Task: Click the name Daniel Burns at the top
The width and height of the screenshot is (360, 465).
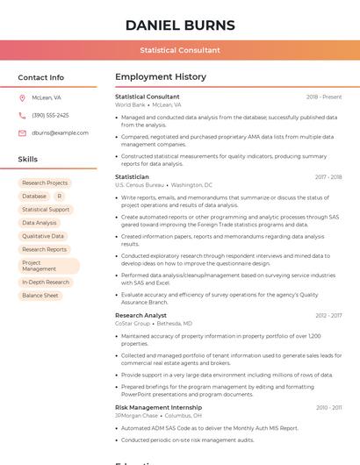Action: pos(180,25)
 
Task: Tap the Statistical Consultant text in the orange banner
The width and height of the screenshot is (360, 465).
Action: pos(180,50)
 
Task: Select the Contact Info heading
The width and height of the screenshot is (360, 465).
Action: pos(40,77)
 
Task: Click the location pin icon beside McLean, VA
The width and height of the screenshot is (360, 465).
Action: pos(22,97)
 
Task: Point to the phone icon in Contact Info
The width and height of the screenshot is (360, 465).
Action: pos(22,115)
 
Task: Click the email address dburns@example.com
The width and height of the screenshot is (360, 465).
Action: pos(60,132)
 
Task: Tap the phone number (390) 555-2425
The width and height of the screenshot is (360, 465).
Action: pos(50,115)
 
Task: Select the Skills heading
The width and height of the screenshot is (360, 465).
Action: pos(27,160)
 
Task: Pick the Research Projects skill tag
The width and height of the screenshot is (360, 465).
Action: pos(45,183)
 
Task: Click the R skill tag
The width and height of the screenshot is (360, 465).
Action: pos(60,197)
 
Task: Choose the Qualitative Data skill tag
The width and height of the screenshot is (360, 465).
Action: pos(43,236)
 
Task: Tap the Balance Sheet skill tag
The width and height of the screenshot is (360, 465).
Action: pos(40,296)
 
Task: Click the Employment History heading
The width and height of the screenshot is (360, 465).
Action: pos(161,77)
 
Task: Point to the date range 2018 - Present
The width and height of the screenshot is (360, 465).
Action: pos(324,97)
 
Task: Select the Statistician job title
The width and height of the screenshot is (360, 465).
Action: pos(132,177)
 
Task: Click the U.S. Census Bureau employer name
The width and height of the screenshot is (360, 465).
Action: pos(140,185)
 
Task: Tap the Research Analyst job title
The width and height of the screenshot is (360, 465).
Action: pos(140,315)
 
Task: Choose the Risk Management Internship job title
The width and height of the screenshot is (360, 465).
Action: pos(158,407)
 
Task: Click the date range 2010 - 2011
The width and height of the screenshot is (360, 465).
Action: pos(328,408)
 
